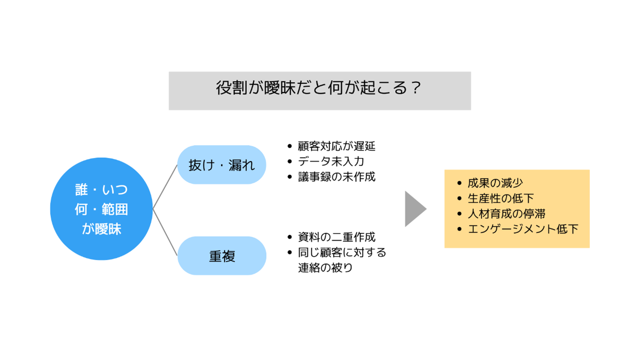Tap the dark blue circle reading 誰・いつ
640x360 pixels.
(x=101, y=209)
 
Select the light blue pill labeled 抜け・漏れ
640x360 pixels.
(x=222, y=164)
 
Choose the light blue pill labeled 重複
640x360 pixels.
(x=222, y=256)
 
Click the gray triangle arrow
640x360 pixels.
(x=415, y=209)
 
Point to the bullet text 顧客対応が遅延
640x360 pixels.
(x=337, y=146)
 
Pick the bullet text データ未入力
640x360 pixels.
(x=331, y=162)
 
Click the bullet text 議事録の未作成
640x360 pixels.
(x=337, y=177)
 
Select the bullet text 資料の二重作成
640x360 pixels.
(x=337, y=237)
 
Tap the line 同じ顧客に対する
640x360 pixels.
(x=342, y=252)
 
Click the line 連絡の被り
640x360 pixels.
(x=326, y=268)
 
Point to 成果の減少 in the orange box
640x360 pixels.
(x=495, y=183)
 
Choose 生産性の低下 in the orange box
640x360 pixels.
(x=501, y=198)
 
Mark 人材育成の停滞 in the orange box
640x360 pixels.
(x=506, y=214)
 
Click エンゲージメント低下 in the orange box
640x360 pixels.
(x=523, y=229)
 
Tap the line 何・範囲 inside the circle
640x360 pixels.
(x=101, y=209)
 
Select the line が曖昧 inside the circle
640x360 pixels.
(x=101, y=229)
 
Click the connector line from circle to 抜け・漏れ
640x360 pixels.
(x=165, y=187)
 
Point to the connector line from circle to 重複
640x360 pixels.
(x=165, y=232)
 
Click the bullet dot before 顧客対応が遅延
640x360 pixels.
(x=290, y=146)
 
